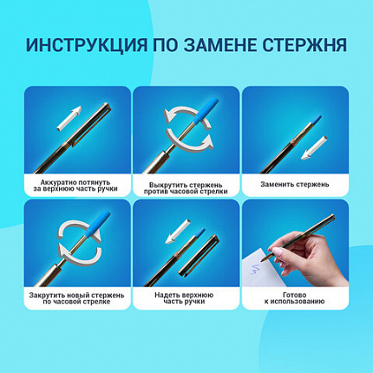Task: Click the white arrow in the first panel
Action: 67,114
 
